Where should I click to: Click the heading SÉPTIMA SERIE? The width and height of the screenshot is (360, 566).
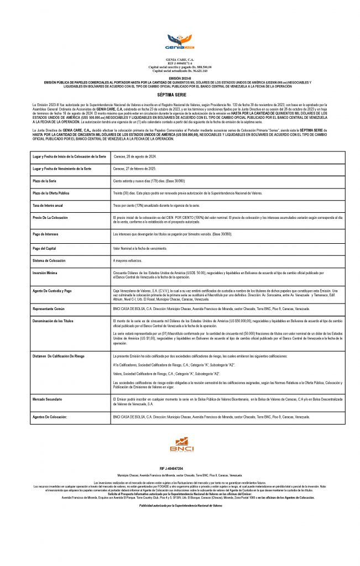coord(180,95)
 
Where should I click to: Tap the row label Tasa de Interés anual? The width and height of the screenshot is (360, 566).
coord(48,205)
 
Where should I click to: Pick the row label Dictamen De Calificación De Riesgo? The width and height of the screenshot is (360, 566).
coord(59,357)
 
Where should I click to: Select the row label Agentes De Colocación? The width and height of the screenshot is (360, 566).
coord(50,417)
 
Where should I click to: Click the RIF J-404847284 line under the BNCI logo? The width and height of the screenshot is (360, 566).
coord(179,468)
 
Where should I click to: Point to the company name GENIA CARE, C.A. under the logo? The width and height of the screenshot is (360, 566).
coord(180,59)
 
